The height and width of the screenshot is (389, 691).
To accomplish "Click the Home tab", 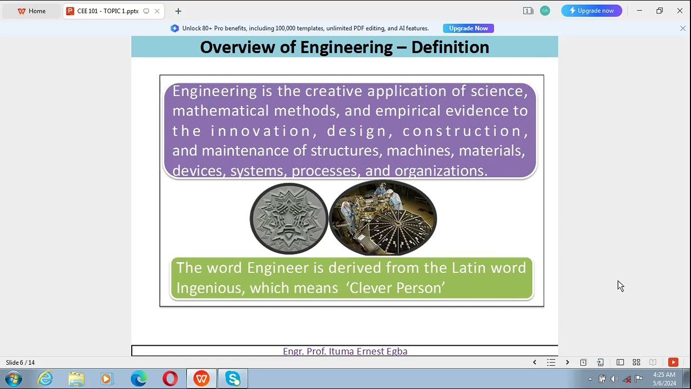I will click(32, 11).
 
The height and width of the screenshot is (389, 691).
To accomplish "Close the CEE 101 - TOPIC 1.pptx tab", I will click(157, 11).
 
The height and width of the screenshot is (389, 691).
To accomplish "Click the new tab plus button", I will click(178, 11).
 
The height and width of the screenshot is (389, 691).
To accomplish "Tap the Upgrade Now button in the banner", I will click(468, 28).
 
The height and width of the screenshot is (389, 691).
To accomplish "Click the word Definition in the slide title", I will click(450, 48).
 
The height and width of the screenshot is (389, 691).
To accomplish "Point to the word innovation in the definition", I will click(261, 131).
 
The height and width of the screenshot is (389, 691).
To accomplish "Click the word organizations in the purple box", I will click(441, 171).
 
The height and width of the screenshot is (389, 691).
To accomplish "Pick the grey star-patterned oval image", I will click(289, 218).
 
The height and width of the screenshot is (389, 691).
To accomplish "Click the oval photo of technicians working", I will click(383, 218).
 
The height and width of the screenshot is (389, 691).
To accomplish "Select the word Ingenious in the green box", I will click(210, 288).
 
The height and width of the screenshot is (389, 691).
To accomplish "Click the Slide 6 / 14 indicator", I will click(21, 363).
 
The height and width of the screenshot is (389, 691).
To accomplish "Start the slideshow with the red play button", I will click(673, 363).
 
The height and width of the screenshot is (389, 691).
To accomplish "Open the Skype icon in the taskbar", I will click(233, 379).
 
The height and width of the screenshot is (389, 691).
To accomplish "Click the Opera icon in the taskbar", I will click(170, 379).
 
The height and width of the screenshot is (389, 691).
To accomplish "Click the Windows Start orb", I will click(13, 378).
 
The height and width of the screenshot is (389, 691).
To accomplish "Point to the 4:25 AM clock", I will click(664, 374).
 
